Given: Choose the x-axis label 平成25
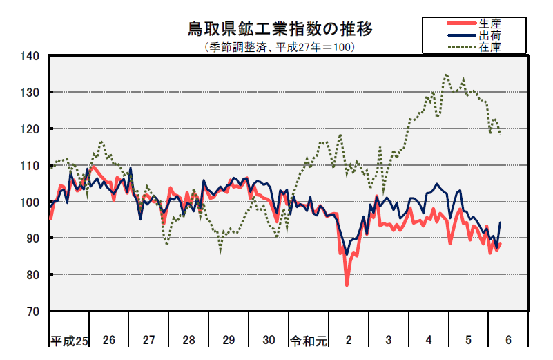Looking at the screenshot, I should pos(68,340).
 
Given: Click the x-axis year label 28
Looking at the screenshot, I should pos(188,340).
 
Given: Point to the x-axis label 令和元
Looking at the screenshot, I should pos(308,340).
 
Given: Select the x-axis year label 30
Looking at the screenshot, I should pos(269,340).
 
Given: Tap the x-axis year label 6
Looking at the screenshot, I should pos(508,340).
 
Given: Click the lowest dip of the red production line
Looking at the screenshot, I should pos(347,285).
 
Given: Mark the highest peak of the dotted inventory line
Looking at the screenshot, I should pos(446,75).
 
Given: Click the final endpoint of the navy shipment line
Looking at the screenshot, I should pos(500,222).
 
